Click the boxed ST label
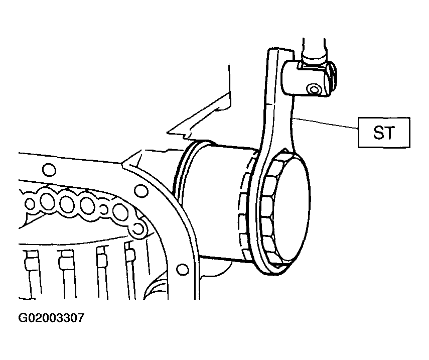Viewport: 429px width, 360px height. [384, 133]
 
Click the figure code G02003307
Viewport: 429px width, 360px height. [52, 318]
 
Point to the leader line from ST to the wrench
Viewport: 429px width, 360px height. [325, 123]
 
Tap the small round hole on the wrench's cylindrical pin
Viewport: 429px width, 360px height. [313, 90]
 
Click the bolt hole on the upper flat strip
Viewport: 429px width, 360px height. [49, 170]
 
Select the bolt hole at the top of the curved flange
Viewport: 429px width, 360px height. [141, 190]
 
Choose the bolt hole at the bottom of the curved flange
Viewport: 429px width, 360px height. [183, 270]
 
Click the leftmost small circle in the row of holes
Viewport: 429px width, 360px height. [30, 204]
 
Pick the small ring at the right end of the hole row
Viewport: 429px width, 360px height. [138, 228]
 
